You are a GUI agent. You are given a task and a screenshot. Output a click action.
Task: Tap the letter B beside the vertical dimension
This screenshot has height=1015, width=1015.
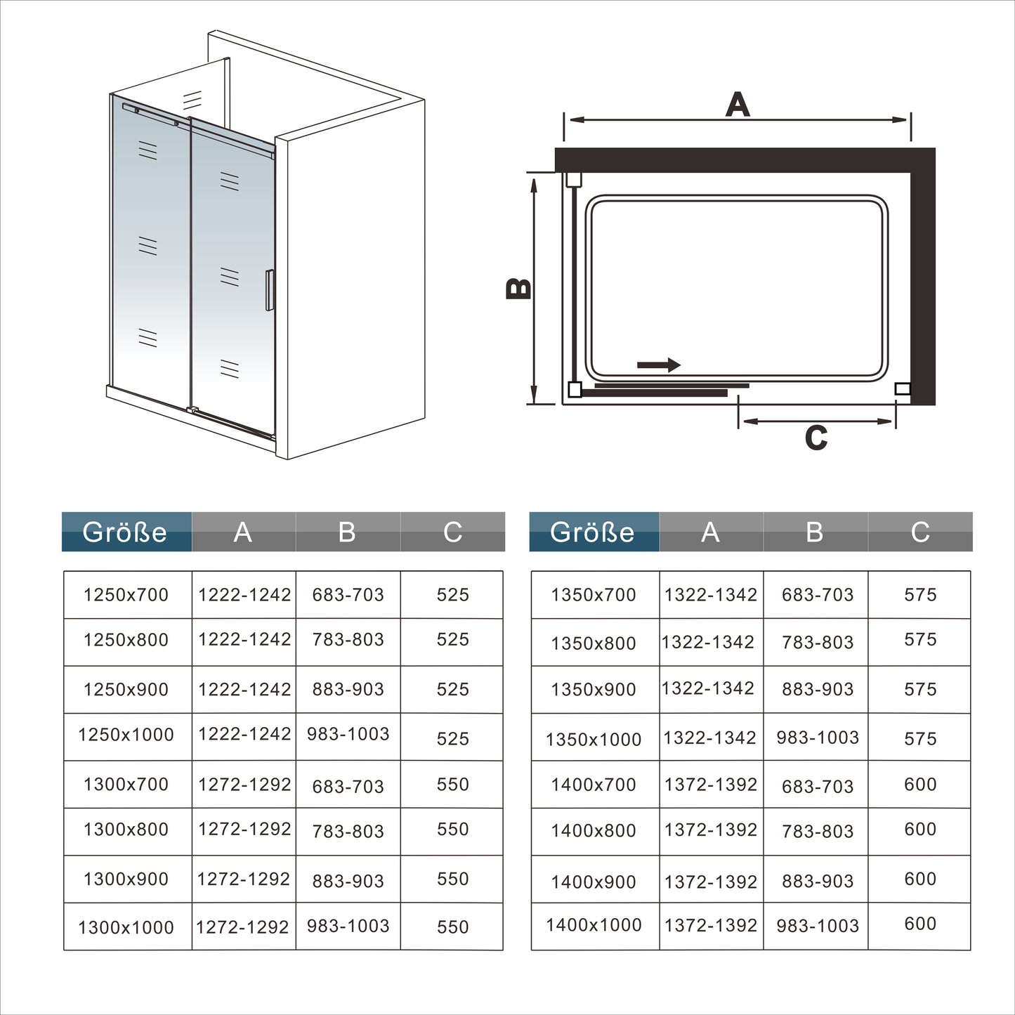point(519,289)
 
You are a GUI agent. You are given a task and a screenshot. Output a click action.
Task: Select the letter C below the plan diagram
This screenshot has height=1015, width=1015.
point(816,438)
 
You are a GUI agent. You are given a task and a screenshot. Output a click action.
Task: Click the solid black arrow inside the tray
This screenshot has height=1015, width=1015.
point(659,365)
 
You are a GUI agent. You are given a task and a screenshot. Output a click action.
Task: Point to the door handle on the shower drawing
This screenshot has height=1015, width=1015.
point(269,289)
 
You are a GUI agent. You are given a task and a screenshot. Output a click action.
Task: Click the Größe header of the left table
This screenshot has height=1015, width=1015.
point(125,532)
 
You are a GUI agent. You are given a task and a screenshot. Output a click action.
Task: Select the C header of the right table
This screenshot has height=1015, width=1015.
point(920,532)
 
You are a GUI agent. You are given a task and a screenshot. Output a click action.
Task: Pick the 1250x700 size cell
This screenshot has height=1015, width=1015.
point(126,595)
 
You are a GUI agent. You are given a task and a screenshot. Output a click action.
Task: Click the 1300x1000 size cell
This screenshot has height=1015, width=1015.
point(126,927)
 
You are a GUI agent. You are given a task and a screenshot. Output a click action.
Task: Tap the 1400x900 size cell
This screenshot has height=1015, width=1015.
point(594,882)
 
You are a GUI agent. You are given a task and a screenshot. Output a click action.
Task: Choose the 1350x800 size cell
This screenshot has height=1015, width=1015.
point(594,643)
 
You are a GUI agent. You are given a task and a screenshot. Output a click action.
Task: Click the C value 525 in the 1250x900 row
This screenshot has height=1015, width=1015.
point(453,689)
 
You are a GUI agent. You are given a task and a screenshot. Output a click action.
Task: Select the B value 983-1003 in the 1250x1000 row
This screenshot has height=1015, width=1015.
point(348,734)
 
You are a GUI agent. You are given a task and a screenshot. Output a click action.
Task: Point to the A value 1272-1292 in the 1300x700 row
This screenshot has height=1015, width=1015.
point(244,785)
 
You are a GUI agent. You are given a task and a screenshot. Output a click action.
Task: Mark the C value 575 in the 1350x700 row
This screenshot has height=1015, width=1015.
point(921,595)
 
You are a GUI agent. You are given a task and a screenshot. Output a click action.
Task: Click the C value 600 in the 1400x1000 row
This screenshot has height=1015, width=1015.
point(921,924)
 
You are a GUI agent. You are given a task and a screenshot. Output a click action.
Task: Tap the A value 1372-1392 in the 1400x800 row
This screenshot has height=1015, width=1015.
point(711,830)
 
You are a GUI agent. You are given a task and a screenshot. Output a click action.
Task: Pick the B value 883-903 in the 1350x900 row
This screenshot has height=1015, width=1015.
point(818,689)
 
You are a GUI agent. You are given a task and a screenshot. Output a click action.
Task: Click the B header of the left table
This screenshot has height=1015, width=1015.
point(347,532)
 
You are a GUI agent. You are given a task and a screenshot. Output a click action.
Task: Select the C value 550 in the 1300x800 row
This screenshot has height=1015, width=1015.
point(453,829)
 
